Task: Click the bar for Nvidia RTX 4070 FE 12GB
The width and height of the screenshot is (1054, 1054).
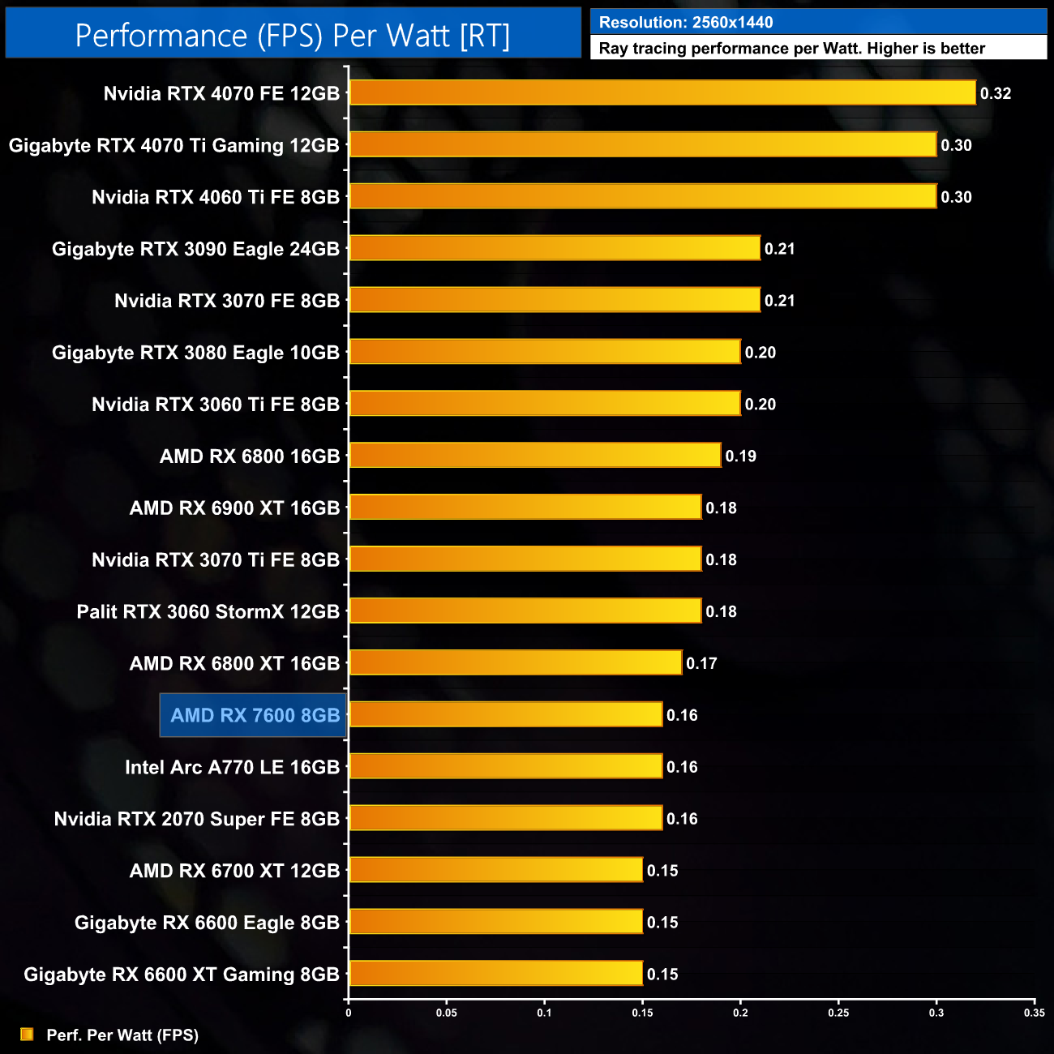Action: point(662,92)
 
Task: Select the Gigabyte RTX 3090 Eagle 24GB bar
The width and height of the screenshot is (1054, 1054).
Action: point(555,248)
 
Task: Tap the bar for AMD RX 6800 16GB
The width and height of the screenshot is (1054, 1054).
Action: point(535,456)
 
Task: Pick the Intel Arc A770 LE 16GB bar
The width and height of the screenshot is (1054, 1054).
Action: point(506,766)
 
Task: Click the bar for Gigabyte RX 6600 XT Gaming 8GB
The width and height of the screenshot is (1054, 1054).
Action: point(495,974)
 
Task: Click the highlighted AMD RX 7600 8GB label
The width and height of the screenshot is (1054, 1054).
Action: point(254,715)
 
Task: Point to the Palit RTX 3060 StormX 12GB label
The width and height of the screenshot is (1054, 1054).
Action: point(208,611)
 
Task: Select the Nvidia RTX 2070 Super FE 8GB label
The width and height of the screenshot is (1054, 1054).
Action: point(196,819)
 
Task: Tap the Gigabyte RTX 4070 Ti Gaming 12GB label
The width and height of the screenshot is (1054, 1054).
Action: point(174,145)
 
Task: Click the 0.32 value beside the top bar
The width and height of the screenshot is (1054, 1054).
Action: point(996,93)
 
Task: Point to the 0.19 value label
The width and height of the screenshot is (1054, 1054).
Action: point(740,456)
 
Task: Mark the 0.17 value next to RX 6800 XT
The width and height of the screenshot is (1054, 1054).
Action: point(701,664)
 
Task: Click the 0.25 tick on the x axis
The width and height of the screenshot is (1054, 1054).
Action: point(838,1013)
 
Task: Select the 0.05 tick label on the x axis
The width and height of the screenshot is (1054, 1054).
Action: point(446,1013)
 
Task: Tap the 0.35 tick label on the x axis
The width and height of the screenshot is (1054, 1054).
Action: point(1034,1013)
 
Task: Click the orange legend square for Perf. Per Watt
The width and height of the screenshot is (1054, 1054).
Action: point(27,1035)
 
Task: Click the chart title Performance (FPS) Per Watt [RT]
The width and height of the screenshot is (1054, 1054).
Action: point(293,36)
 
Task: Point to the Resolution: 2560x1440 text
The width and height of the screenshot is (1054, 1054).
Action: point(686,23)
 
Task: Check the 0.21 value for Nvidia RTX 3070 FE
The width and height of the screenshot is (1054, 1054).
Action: point(779,301)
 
